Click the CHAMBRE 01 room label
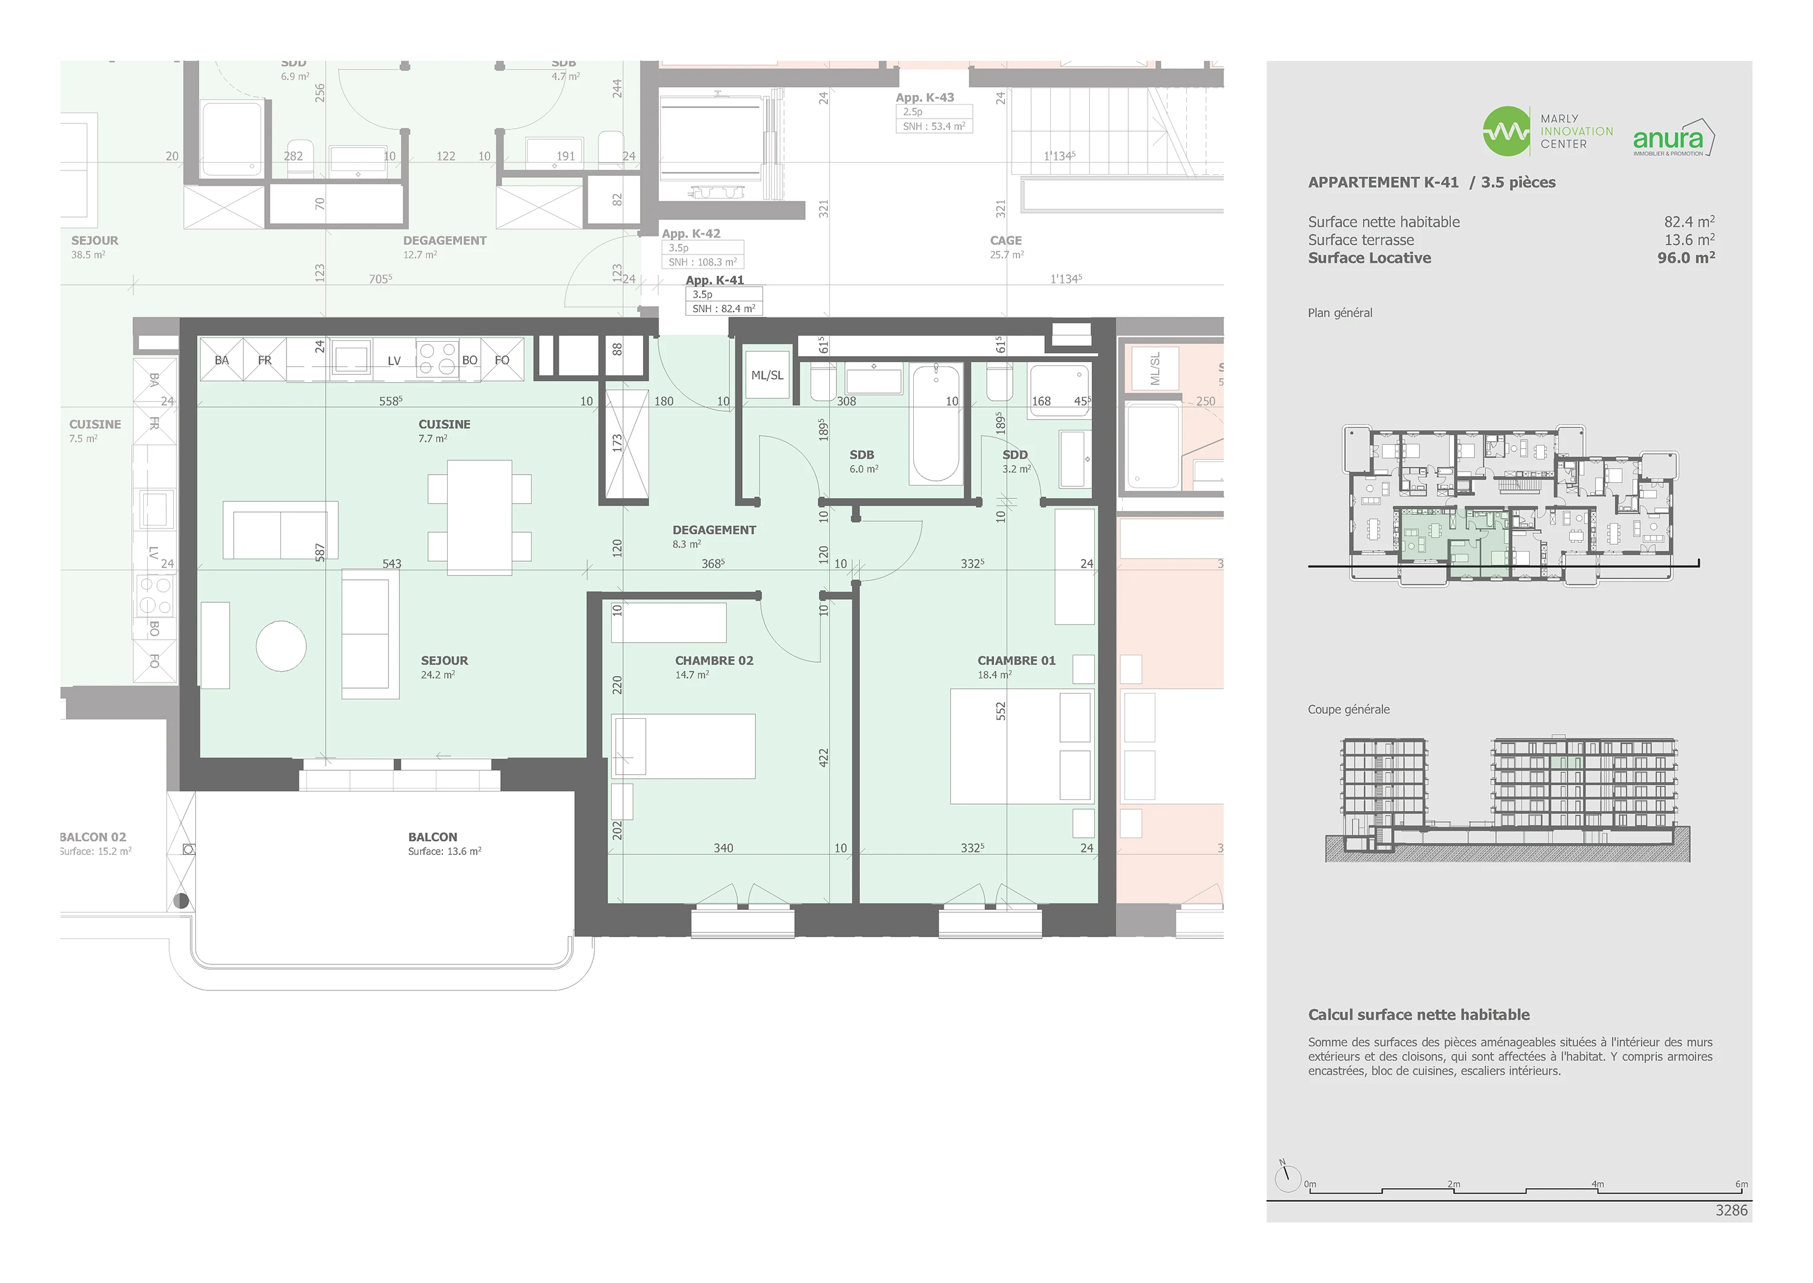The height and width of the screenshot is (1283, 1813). (x=1016, y=660)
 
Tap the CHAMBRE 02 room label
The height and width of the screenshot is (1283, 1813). (x=714, y=660)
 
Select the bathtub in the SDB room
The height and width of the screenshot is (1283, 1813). (x=937, y=424)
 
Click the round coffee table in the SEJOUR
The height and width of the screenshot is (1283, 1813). (x=281, y=646)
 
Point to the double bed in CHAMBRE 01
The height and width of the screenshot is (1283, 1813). (x=1022, y=747)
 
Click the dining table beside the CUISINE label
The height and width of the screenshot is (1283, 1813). (x=479, y=518)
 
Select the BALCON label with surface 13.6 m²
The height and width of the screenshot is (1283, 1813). (x=433, y=837)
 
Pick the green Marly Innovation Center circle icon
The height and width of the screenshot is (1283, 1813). (x=1506, y=131)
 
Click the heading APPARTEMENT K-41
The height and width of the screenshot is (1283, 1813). (x=1383, y=183)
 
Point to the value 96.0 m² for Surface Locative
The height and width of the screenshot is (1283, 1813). (x=1686, y=258)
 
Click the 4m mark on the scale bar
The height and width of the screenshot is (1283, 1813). (x=1597, y=1184)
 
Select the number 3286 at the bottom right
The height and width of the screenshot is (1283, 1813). (x=1731, y=1210)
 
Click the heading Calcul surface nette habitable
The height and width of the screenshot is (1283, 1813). (x=1418, y=1015)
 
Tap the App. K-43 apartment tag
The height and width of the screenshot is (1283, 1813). (x=925, y=98)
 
